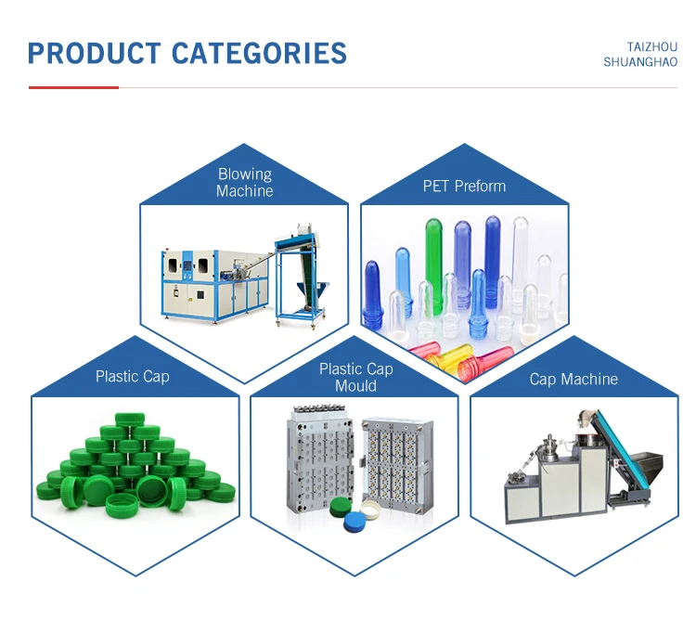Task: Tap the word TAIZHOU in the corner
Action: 652,46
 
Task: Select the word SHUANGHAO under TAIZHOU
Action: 640,62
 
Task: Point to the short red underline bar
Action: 73,87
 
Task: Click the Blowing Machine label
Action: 245,182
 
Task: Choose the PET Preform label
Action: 464,186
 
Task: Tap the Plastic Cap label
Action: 132,377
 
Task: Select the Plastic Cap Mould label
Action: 355,377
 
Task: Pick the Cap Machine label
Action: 574,379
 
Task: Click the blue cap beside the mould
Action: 356,524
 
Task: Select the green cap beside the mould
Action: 337,510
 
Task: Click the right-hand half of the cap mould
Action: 399,464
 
